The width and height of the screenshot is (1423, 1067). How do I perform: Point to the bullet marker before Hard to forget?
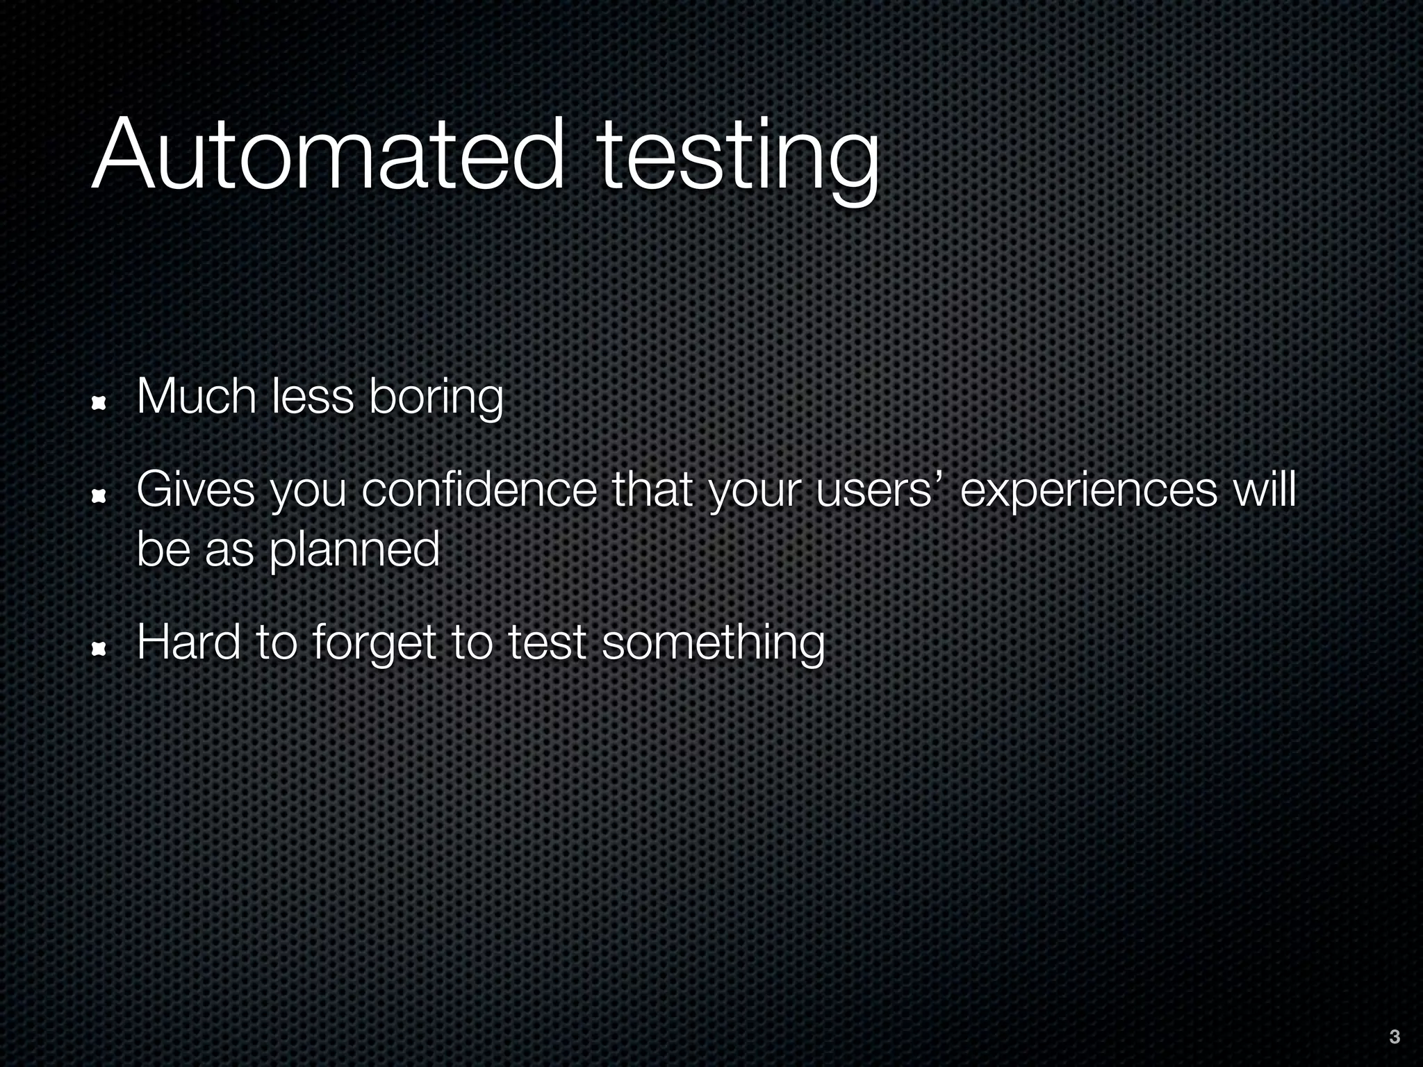pyautogui.click(x=99, y=648)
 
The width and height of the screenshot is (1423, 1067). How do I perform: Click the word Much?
pyautogui.click(x=197, y=397)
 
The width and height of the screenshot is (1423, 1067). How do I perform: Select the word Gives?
pyautogui.click(x=196, y=490)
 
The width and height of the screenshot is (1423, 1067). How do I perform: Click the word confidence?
pyautogui.click(x=479, y=490)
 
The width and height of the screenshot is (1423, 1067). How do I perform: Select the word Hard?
pyautogui.click(x=189, y=643)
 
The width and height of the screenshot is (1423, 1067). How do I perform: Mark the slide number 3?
pyautogui.click(x=1394, y=1037)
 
